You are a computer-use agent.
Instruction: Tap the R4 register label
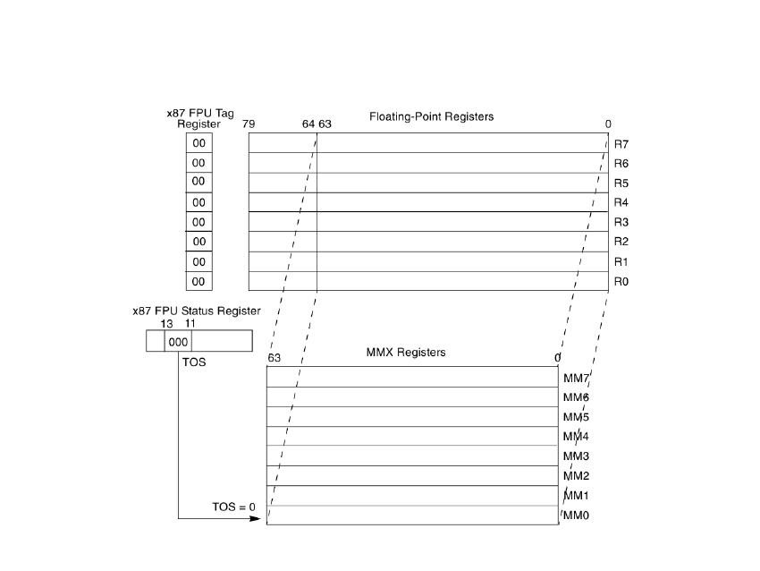622,203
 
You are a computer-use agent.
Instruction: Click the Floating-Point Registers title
431,117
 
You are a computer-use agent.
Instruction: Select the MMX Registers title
406,353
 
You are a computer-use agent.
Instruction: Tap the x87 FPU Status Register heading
197,311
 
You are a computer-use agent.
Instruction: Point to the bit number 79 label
249,125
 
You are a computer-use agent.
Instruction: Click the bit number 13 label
165,322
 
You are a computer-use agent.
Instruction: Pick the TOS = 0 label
233,507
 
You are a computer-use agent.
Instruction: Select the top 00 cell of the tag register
198,144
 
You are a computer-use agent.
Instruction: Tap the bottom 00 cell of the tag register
198,282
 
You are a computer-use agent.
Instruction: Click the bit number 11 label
190,322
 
